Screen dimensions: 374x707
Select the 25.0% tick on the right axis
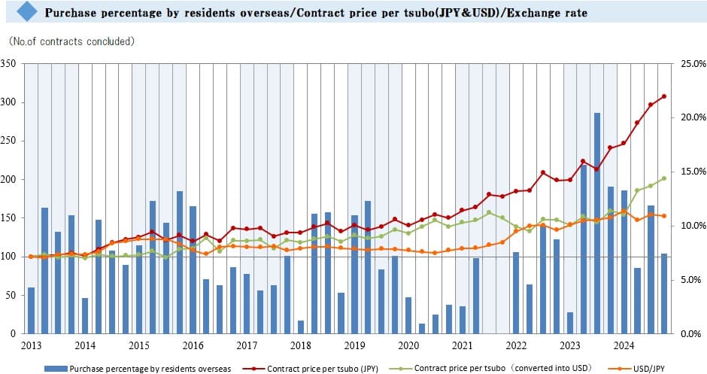point(693,64)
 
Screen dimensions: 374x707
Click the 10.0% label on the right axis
point(693,226)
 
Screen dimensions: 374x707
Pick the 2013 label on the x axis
point(31,345)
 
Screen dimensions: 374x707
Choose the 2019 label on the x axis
point(354,345)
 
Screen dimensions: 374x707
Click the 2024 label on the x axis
point(624,345)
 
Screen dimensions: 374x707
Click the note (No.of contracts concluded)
point(71,41)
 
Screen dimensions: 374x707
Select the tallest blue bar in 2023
point(597,223)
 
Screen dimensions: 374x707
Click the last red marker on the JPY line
point(664,96)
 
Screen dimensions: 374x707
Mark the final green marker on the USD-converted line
point(664,178)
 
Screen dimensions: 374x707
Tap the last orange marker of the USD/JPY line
point(664,216)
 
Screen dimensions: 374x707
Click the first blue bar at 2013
point(31,310)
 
